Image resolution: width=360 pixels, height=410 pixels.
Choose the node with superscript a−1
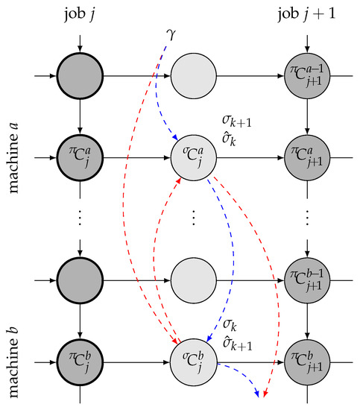tap(307, 76)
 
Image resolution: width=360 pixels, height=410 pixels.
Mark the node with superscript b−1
tap(307, 282)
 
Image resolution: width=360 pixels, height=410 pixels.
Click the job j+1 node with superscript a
tap(307, 160)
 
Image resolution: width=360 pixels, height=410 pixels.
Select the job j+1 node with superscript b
tap(307, 365)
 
